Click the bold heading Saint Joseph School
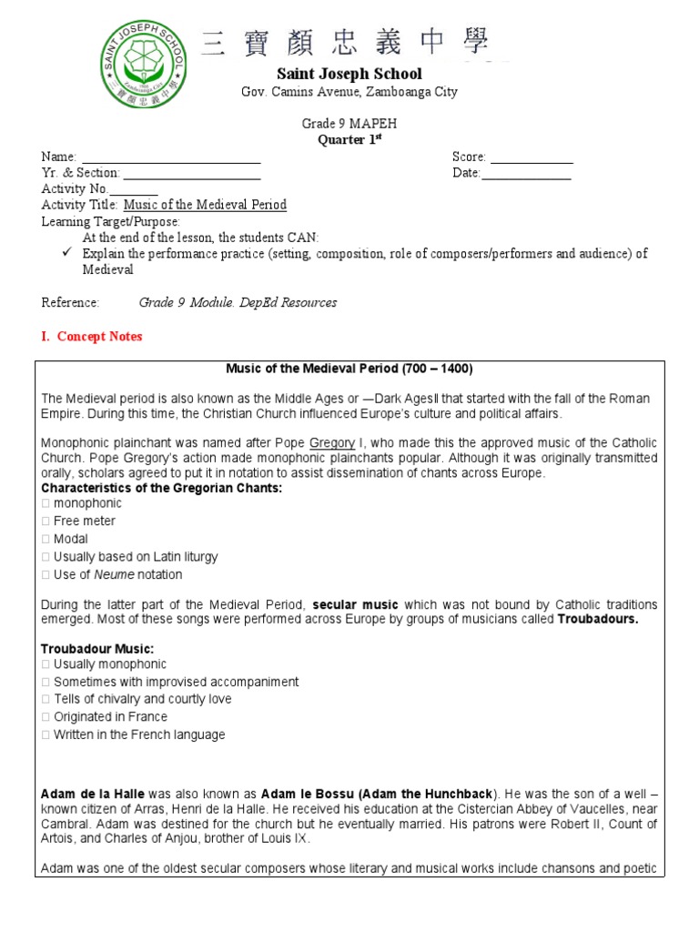(349, 74)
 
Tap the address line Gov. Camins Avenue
(349, 92)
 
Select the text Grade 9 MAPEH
(349, 124)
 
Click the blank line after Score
(532, 159)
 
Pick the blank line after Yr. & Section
(191, 175)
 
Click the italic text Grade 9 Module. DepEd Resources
(238, 302)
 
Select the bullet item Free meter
(85, 522)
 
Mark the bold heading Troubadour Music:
(97, 649)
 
